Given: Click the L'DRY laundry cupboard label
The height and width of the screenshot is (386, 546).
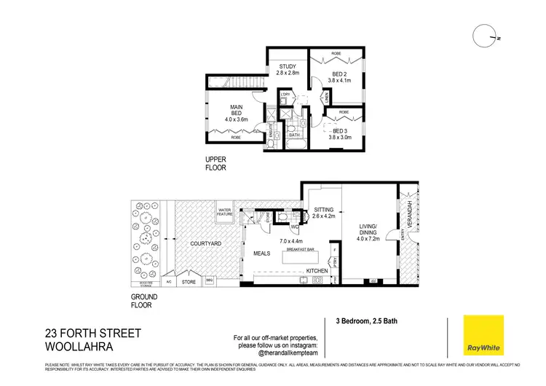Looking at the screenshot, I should click(286, 95).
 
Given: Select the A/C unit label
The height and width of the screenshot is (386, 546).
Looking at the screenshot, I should click(169, 280).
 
